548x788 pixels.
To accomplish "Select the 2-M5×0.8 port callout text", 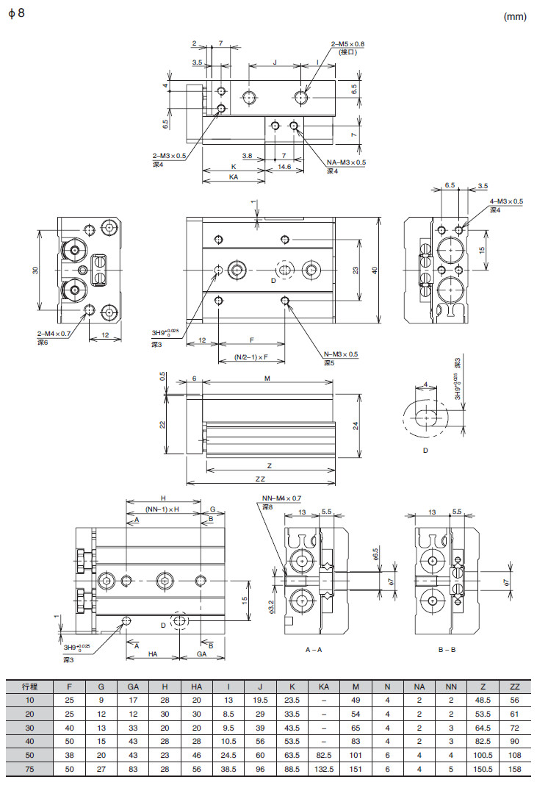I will point(347,44).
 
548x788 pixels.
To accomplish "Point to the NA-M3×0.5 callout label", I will point(346,162).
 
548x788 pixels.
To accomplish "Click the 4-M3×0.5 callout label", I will point(506,201).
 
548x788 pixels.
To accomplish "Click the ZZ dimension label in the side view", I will point(260,479).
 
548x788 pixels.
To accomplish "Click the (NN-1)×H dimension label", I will point(162,509).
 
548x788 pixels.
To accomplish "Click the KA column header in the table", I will point(324,687).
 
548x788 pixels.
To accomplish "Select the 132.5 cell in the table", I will point(324,769).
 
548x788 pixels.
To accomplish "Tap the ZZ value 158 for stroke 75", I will point(514,769).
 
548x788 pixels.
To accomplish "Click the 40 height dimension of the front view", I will point(375,271).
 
